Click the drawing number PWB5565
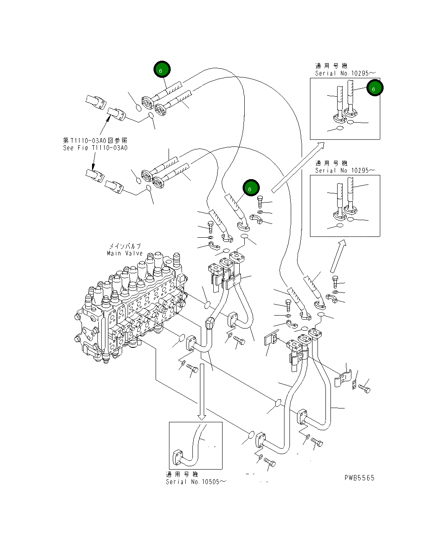[359, 478]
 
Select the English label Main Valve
[125, 253]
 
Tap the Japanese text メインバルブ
[125, 247]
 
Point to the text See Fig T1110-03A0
[95, 148]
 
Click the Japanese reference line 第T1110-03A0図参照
[95, 141]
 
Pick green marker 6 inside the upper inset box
[374, 88]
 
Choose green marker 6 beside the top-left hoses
[161, 70]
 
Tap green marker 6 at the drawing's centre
[251, 189]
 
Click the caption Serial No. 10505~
[196, 482]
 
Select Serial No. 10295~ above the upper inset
[345, 73]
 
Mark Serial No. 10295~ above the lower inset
[345, 170]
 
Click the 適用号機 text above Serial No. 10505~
[182, 474]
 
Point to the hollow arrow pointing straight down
[202, 391]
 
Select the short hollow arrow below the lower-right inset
[338, 256]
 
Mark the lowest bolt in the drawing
[269, 462]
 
